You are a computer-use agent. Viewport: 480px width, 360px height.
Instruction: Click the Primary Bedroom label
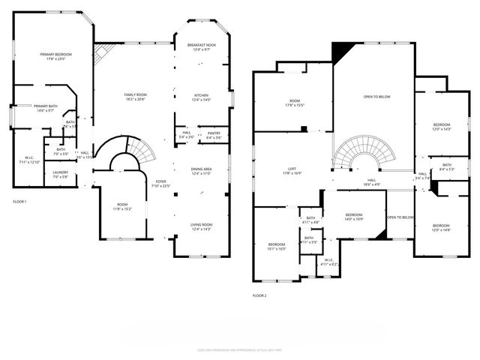pos(56,56)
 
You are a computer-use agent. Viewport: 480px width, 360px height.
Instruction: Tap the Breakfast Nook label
pos(201,47)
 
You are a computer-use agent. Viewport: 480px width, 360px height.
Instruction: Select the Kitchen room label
pos(201,97)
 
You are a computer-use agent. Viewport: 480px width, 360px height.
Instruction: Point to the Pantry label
pos(214,135)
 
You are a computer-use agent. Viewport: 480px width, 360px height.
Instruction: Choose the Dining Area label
pos(201,171)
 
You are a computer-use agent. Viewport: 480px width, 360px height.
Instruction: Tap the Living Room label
pos(201,227)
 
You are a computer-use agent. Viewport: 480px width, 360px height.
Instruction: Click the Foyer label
pos(160,183)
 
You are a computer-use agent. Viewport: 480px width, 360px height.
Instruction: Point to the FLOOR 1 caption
pos(19,202)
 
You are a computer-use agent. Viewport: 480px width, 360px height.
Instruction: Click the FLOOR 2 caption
pos(259,295)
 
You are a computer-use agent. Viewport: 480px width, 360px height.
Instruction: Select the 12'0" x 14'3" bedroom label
pos(442,127)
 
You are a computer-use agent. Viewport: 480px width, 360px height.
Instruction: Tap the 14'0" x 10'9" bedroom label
pos(354,217)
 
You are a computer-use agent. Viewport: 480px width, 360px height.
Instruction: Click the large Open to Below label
pos(376,97)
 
